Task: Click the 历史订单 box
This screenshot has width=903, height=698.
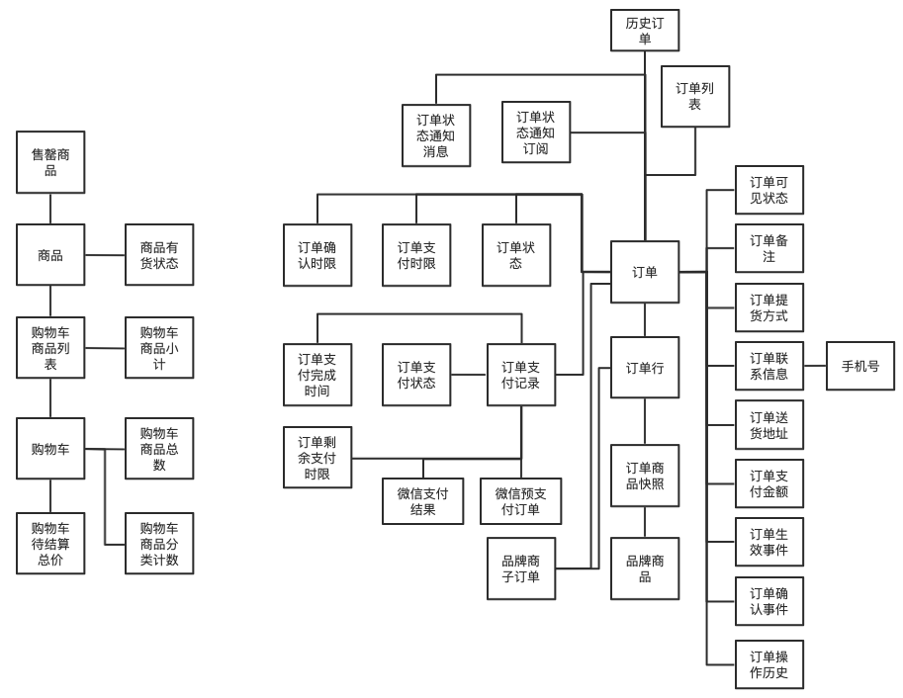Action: click(x=645, y=30)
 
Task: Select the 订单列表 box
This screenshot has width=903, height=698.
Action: click(x=694, y=96)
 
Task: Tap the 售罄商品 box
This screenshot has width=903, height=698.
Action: click(x=50, y=162)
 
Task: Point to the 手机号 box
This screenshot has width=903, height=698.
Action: click(x=859, y=366)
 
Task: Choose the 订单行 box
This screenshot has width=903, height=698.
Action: click(x=645, y=368)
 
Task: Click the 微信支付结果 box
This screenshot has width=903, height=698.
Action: click(x=422, y=501)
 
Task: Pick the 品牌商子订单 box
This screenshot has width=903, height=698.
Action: click(x=521, y=568)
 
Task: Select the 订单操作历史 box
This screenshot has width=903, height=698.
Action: click(x=768, y=665)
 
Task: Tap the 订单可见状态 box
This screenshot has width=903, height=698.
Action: click(x=768, y=190)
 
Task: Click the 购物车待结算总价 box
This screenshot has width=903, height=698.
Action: click(x=50, y=543)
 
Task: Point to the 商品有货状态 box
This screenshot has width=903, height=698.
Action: click(x=159, y=255)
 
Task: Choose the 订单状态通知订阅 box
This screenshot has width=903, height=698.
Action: click(x=536, y=132)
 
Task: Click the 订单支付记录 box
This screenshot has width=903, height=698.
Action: click(x=521, y=375)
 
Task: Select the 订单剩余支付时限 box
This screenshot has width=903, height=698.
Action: click(x=317, y=458)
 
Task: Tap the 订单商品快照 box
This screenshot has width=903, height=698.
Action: click(x=645, y=476)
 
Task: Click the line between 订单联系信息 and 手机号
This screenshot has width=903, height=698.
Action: click(x=815, y=366)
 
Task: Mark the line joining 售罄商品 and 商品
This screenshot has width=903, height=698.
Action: click(x=50, y=209)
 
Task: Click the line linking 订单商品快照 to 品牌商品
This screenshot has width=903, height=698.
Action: click(x=645, y=522)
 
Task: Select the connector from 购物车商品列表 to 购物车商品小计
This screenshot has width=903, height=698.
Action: click(x=105, y=348)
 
